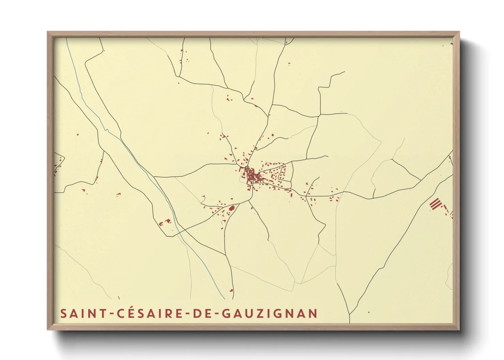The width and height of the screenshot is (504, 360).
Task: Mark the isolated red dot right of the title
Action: click(369, 312)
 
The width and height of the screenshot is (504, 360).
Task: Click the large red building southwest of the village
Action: click(232, 208)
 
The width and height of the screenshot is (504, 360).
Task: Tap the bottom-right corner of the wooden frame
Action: click(459, 329)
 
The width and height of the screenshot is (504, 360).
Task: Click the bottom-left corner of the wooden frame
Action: click(48, 329)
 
